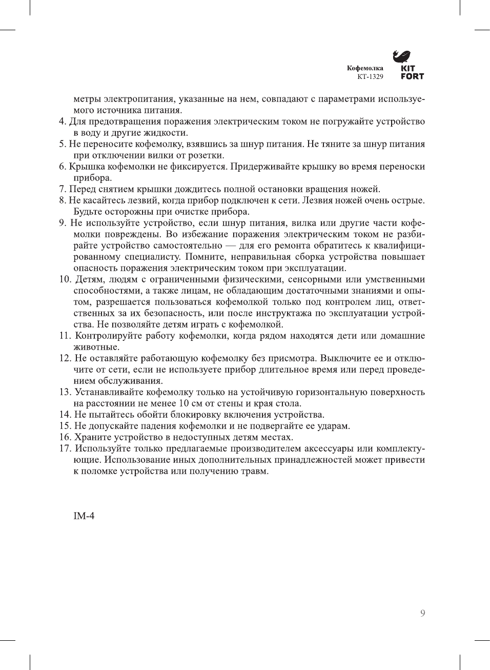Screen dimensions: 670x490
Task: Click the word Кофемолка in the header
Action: pyautogui.click(x=365, y=68)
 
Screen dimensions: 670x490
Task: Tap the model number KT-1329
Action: pyautogui.click(x=370, y=77)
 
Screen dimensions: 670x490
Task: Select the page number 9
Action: pyautogui.click(x=422, y=613)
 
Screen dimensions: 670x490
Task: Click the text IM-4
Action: pyautogui.click(x=84, y=516)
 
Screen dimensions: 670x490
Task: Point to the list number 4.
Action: pyautogui.click(x=62, y=121)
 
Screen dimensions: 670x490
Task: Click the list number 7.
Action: pyautogui.click(x=62, y=189)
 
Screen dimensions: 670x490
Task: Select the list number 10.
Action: pyautogui.click(x=65, y=279)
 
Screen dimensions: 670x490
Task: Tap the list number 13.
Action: pyautogui.click(x=65, y=392)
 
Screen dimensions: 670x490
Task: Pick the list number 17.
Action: pyautogui.click(x=65, y=449)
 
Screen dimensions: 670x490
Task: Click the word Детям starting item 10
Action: pyautogui.click(x=89, y=279)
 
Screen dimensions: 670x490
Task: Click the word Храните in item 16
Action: pyautogui.click(x=90, y=437)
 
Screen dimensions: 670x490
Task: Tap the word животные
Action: pyautogui.click(x=96, y=347)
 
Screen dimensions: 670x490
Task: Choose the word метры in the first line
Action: pyautogui.click(x=87, y=99)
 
